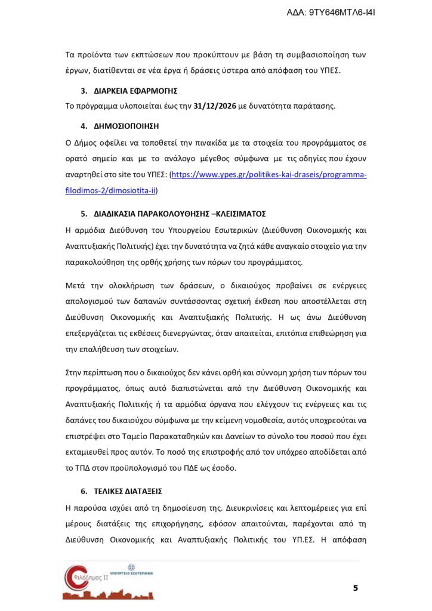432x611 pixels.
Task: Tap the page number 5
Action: [356, 588]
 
